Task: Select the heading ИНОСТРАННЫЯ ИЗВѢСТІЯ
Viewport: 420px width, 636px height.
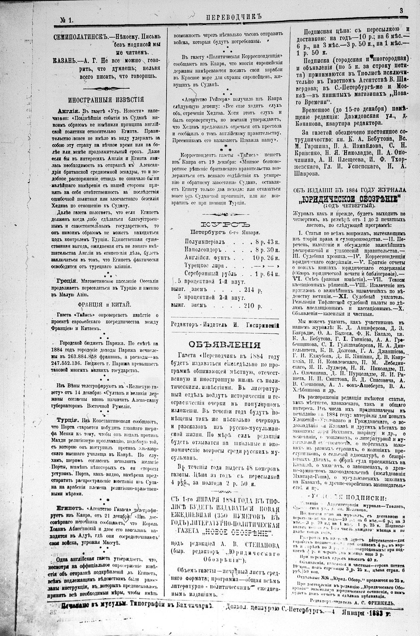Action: pyautogui.click(x=106, y=99)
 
